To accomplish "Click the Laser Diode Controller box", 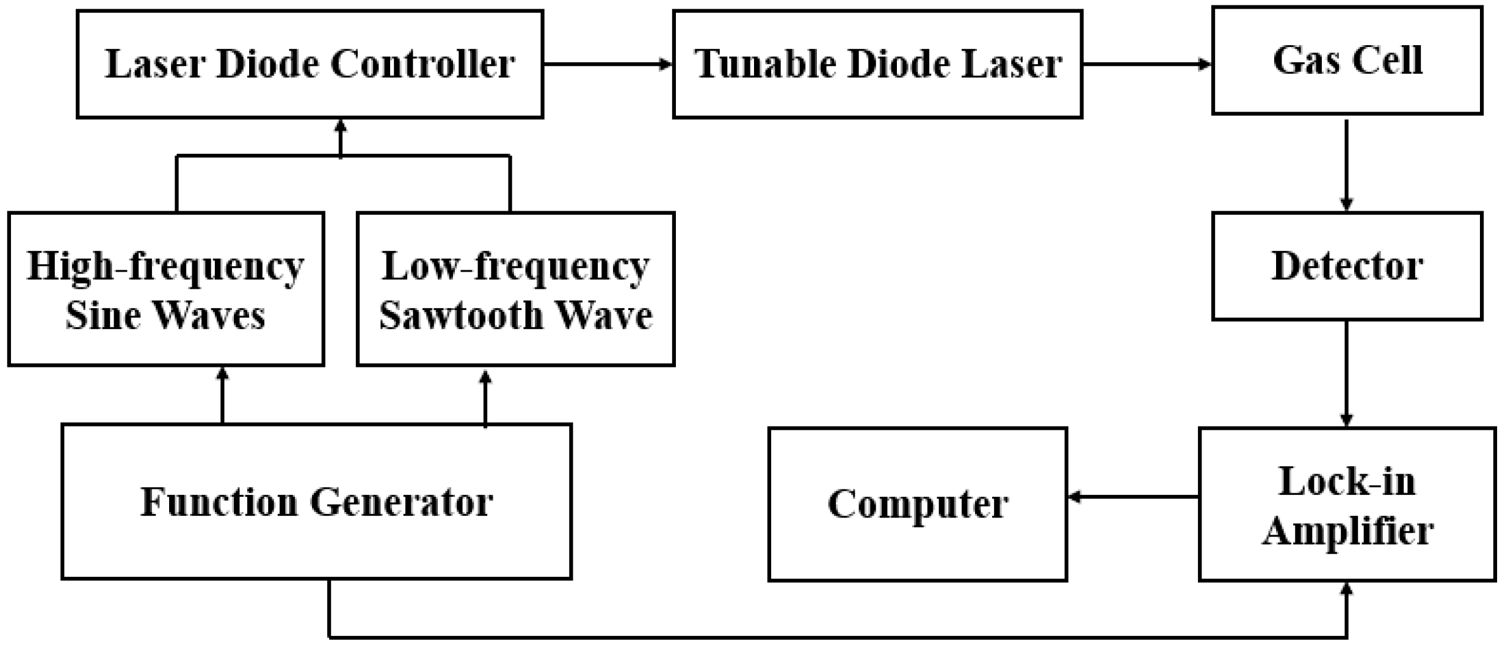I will tap(310, 64).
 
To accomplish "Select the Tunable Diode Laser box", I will tap(877, 64).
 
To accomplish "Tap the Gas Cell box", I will tap(1347, 60).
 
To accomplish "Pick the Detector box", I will tap(1347, 266).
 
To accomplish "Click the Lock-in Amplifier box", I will tap(1347, 504).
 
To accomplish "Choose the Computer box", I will tap(917, 504).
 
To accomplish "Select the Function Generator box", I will tap(316, 502).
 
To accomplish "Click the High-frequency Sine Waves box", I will tap(165, 289).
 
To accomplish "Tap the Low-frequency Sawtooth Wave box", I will tap(515, 289).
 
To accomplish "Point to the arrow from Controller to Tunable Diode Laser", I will tap(607, 63).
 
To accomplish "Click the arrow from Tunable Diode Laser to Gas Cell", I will tap(1147, 63).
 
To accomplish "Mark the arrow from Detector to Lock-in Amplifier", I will tap(1346, 374).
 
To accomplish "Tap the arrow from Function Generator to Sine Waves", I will tap(222, 395).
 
